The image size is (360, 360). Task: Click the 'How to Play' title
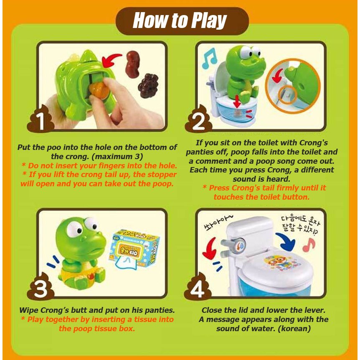180,20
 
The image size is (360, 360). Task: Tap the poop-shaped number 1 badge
41,119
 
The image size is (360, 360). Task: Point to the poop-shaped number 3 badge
41,287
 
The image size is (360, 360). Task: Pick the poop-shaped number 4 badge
198,287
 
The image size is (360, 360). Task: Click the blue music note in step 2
209,58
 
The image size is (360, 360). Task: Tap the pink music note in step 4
309,245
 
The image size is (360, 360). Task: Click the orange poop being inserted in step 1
99,91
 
